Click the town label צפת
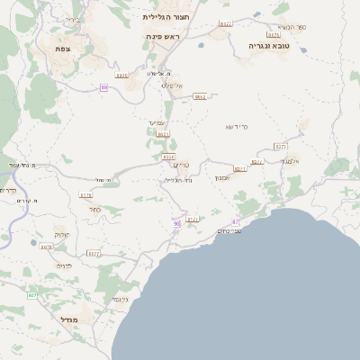62,49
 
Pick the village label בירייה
72,19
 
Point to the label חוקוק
62,234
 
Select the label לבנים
64,266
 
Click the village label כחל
94,210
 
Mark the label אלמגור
290,160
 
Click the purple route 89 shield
104,87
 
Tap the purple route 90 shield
176,223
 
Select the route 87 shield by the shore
235,220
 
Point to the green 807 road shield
32,295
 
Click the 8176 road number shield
86,194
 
